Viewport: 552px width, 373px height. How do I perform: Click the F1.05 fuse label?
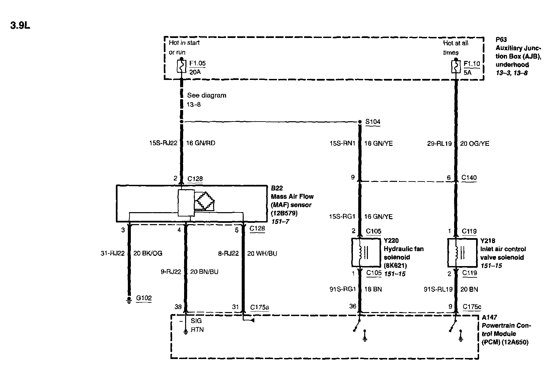(197, 63)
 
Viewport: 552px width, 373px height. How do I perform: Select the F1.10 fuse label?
(472, 63)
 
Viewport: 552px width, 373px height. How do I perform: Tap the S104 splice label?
(373, 122)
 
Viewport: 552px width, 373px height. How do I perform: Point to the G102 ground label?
(144, 298)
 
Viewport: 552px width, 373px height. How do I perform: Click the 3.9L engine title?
(20, 26)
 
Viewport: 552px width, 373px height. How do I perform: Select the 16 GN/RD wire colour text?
(200, 143)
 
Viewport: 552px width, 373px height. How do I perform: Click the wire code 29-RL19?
(439, 144)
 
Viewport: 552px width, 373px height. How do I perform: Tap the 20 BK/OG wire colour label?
(148, 253)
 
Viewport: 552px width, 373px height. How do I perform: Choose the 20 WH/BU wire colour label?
(262, 253)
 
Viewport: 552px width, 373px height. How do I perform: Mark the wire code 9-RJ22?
(170, 272)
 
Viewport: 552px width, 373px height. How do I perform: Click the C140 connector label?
(469, 178)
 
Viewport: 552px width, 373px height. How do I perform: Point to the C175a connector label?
(259, 307)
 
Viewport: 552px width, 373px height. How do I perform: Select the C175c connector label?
(472, 307)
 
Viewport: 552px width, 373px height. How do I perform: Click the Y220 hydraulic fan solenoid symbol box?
(366, 252)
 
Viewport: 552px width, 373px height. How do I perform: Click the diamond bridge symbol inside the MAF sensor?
(205, 200)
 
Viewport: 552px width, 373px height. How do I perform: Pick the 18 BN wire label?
(373, 289)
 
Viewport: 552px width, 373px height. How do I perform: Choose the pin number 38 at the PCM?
(178, 307)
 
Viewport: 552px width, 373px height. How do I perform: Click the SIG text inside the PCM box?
(196, 320)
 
